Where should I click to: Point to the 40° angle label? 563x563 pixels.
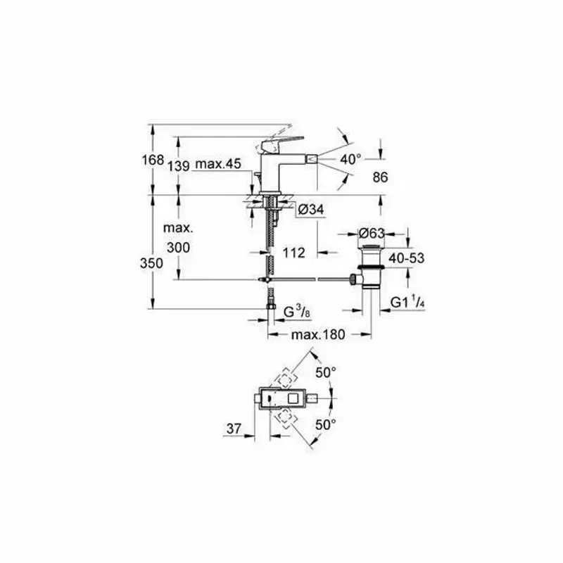(x=350, y=160)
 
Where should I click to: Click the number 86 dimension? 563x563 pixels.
(x=380, y=178)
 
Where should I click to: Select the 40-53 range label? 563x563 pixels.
(x=407, y=258)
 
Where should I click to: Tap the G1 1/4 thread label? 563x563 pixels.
(x=407, y=303)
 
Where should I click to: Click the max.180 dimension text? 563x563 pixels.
(x=318, y=335)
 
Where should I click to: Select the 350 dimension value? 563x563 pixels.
(x=152, y=262)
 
